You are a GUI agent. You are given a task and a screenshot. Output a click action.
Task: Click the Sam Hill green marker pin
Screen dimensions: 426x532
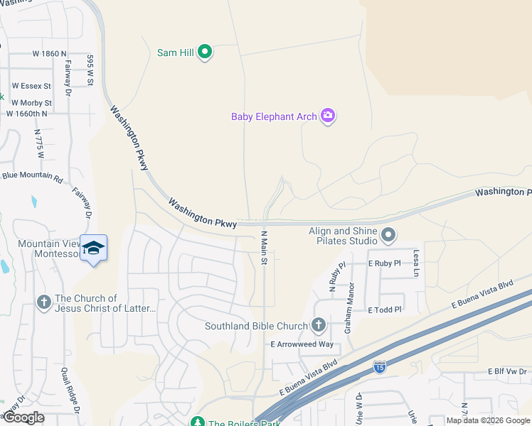point(205,52)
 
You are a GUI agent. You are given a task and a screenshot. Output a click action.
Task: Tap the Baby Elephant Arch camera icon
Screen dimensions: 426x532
point(327,116)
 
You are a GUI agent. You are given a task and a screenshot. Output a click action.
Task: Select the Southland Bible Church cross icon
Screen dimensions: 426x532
point(318,326)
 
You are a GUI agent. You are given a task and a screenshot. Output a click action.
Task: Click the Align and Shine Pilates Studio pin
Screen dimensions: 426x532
point(388,234)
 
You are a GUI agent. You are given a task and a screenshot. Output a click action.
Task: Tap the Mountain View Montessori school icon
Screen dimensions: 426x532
point(93,247)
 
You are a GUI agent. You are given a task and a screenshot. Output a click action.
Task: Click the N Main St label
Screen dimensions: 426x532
point(263,248)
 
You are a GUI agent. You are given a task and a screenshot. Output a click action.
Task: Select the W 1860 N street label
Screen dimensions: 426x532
point(49,53)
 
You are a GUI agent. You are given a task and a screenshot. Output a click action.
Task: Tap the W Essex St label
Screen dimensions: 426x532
point(31,86)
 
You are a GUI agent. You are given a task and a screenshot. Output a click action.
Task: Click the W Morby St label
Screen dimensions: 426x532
point(32,103)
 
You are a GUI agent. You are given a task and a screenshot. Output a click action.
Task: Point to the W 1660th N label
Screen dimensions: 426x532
point(27,113)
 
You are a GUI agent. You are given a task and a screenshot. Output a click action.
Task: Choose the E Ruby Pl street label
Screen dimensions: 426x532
point(384,263)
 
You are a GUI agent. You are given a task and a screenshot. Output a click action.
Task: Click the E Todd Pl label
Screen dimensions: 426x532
point(385,310)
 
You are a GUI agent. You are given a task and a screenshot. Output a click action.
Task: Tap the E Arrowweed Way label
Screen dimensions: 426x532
point(302,344)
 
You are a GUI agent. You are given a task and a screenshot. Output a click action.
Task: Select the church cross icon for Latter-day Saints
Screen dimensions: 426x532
point(43,303)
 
